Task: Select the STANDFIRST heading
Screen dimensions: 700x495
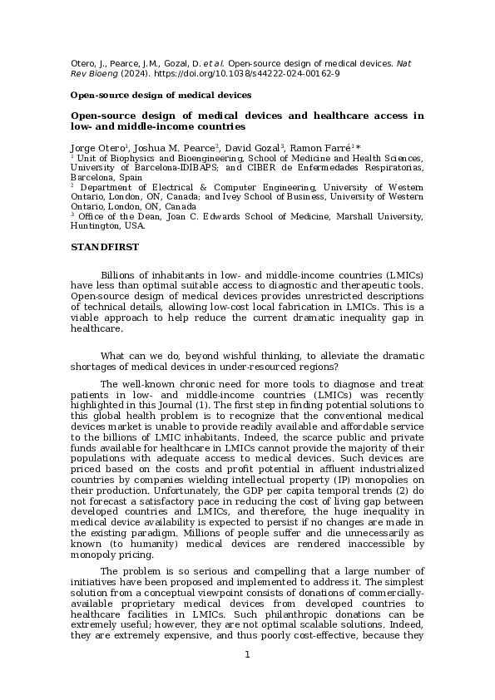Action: pyautogui.click(x=105, y=247)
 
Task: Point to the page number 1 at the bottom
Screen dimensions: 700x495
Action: pyautogui.click(x=247, y=654)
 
